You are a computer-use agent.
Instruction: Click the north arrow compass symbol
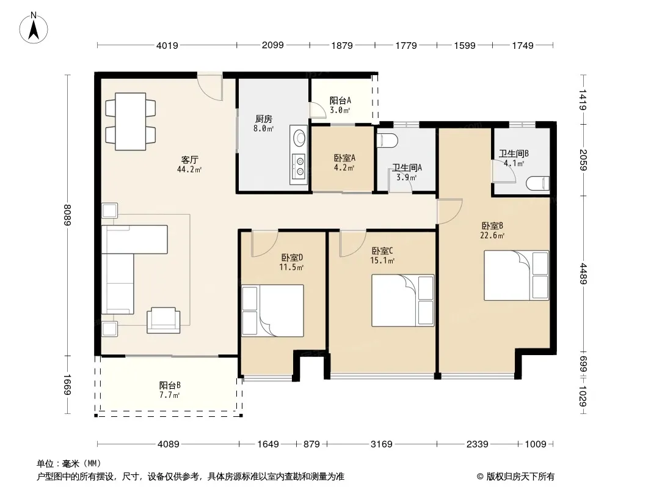pyautogui.click(x=34, y=28)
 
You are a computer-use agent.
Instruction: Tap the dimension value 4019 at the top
pyautogui.click(x=167, y=45)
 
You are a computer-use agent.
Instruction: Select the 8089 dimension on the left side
pyautogui.click(x=67, y=215)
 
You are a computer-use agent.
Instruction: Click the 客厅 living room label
pyautogui.click(x=190, y=160)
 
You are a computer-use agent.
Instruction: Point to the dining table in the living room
pyautogui.click(x=130, y=121)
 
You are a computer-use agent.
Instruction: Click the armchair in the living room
pyautogui.click(x=164, y=320)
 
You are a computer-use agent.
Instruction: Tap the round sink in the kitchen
pyautogui.click(x=299, y=137)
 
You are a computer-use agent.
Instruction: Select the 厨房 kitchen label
pyautogui.click(x=263, y=119)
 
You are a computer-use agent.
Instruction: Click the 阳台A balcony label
pyautogui.click(x=340, y=100)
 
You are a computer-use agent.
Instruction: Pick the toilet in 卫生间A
pyautogui.click(x=387, y=141)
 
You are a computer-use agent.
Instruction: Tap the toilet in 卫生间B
pyautogui.click(x=538, y=183)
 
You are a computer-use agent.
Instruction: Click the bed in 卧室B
pyautogui.click(x=516, y=275)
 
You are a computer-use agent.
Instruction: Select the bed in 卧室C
pyautogui.click(x=402, y=300)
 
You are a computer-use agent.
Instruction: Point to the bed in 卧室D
pyautogui.click(x=273, y=311)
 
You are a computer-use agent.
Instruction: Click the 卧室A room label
pyautogui.click(x=344, y=158)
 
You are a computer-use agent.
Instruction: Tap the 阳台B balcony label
pyautogui.click(x=170, y=385)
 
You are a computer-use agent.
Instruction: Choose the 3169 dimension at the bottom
pyautogui.click(x=382, y=444)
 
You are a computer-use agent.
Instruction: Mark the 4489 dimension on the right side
pyautogui.click(x=583, y=273)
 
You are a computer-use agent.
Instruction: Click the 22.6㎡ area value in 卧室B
pyautogui.click(x=492, y=235)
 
